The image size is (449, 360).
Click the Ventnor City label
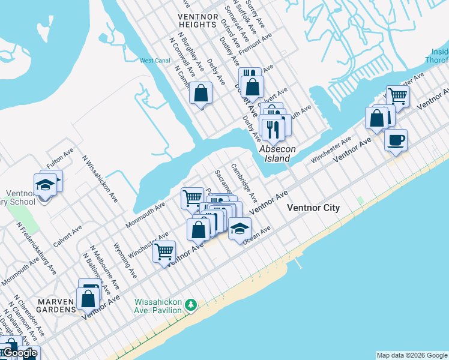coord(313,208)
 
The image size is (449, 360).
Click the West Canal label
coord(155,61)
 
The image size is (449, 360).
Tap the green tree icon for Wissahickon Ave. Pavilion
coord(191,305)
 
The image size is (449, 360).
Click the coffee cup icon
coord(396,140)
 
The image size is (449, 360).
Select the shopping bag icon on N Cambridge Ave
coord(201,92)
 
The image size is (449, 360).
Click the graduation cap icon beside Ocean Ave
coord(240,229)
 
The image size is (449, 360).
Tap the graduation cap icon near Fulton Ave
coord(44,184)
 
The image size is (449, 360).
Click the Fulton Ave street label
coord(60,159)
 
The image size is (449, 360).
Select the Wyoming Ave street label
coord(125,260)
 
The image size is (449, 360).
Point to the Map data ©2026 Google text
coord(412,355)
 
